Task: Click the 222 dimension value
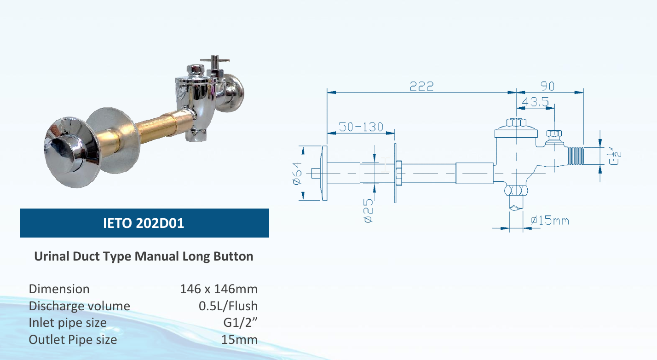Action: click(x=421, y=86)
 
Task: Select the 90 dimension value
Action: click(x=547, y=86)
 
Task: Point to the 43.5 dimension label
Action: click(x=536, y=102)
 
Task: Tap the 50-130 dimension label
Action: click(x=361, y=127)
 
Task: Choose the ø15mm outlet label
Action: click(x=549, y=221)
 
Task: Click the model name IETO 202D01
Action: click(x=144, y=223)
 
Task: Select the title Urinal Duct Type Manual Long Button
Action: click(x=144, y=256)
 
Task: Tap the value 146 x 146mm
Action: click(x=219, y=289)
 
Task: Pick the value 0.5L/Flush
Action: click(x=228, y=306)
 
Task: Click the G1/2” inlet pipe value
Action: click(x=240, y=323)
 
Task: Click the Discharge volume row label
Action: click(x=79, y=306)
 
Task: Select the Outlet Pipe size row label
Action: click(x=73, y=340)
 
